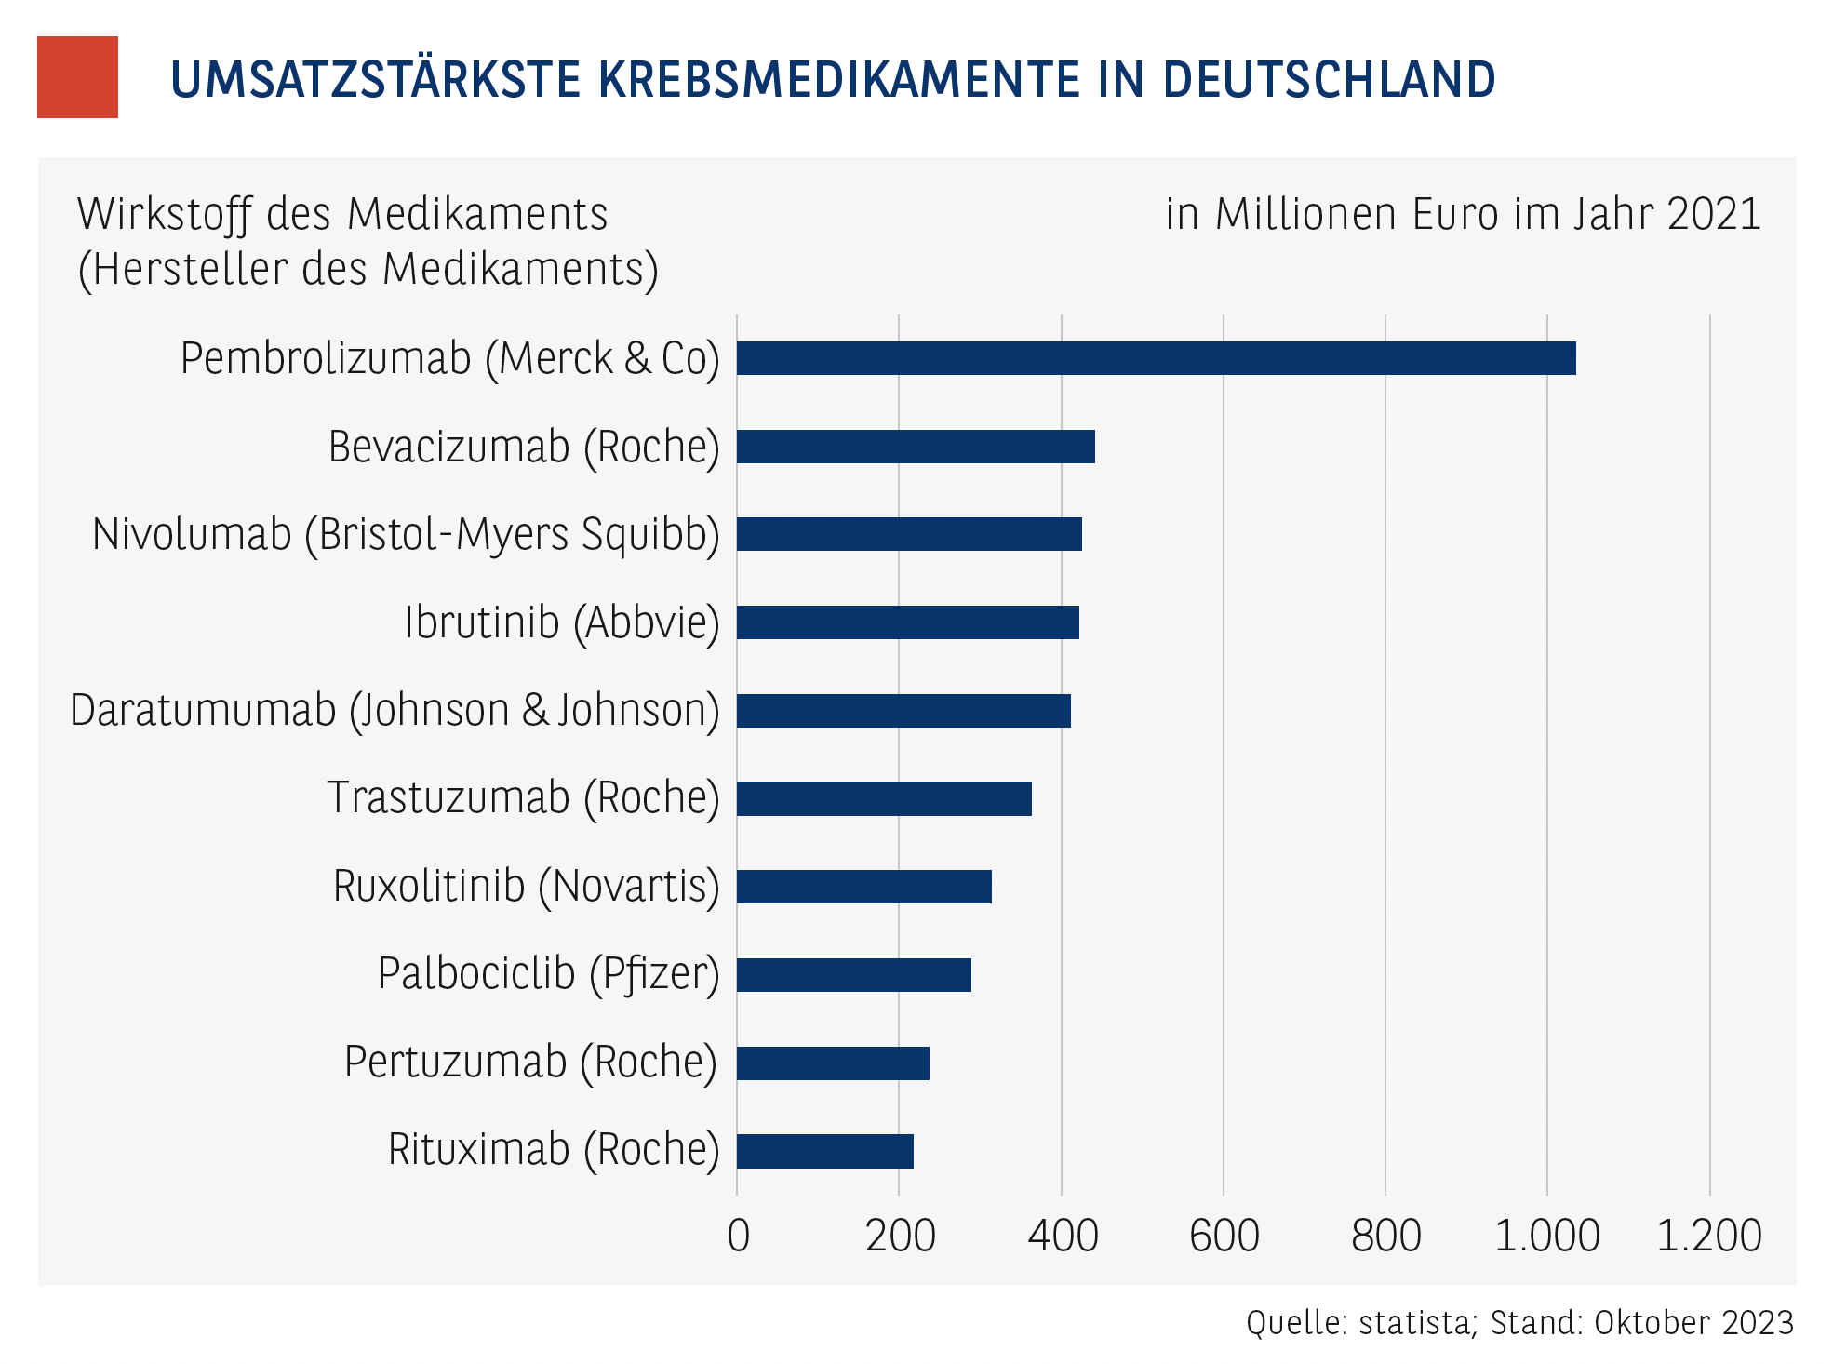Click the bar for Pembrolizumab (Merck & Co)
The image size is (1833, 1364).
(x=1156, y=358)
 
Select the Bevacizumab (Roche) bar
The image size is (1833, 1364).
(x=916, y=447)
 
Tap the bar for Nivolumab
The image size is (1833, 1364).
(x=909, y=534)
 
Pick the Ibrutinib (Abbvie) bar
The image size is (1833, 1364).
(x=907, y=622)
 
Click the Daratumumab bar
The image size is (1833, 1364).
(x=903, y=711)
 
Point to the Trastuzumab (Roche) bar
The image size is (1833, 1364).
(x=884, y=798)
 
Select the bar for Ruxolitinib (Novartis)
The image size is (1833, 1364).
(x=863, y=887)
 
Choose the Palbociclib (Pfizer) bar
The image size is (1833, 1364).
(x=853, y=975)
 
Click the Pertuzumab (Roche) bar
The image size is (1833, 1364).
(x=833, y=1063)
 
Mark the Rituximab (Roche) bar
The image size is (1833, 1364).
(x=824, y=1151)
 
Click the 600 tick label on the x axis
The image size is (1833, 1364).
(x=1224, y=1236)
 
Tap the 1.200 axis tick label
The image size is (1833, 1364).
(x=1708, y=1236)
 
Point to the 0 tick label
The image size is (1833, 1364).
(x=738, y=1236)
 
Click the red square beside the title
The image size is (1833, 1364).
(x=77, y=77)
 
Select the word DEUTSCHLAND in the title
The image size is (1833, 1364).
(x=1329, y=79)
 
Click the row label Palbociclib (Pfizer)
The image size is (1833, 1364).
(x=548, y=974)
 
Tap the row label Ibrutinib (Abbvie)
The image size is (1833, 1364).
(x=561, y=622)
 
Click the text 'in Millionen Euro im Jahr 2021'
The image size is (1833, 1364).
(x=1463, y=214)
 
